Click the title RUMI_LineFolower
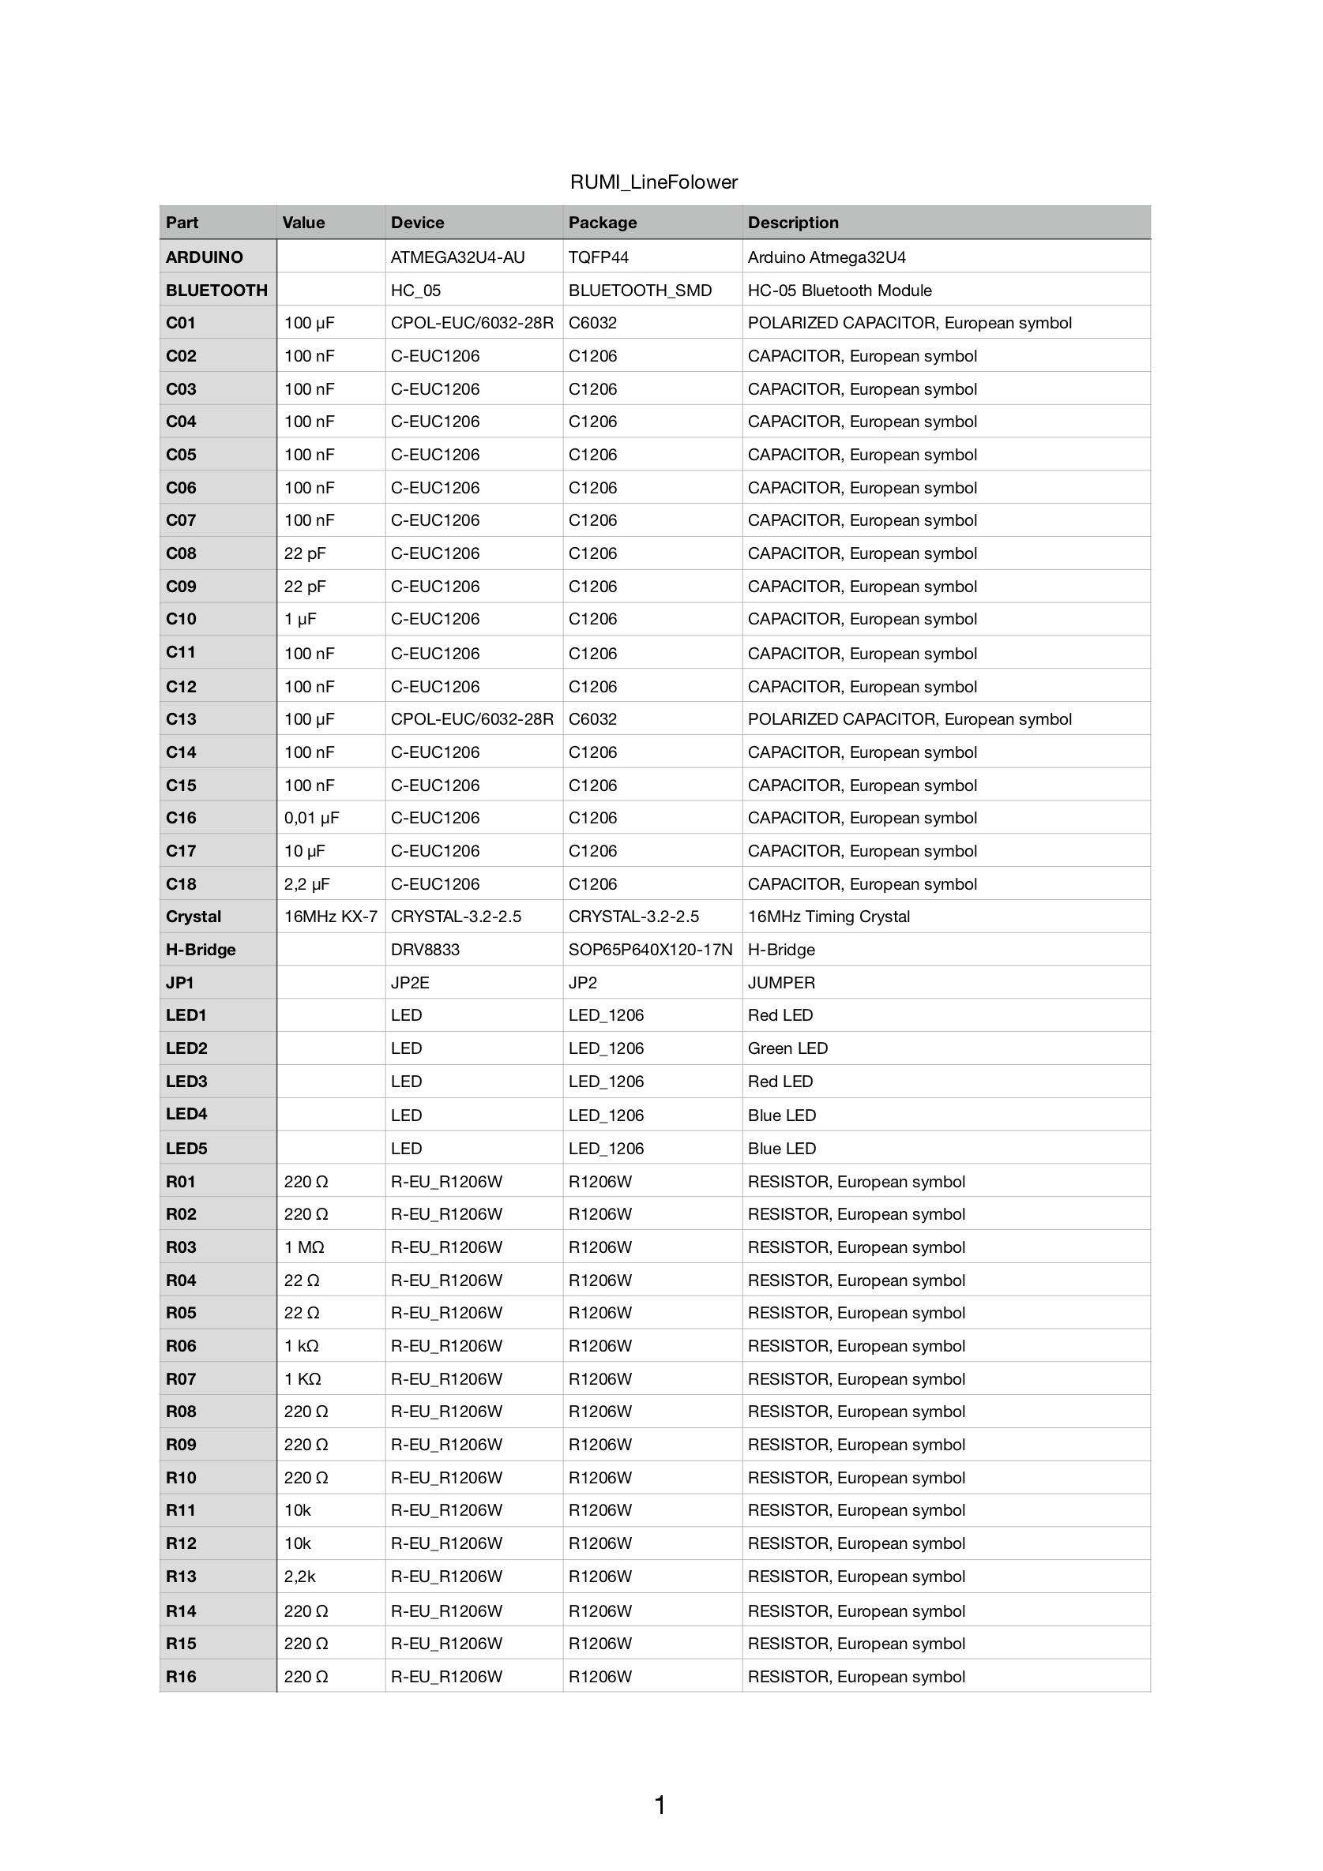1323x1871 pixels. click(653, 182)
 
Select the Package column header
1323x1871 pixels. click(603, 223)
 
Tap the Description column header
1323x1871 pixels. click(792, 223)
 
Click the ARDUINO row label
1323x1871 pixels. click(204, 257)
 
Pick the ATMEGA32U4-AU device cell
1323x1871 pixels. click(457, 257)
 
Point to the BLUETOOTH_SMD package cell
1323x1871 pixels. click(640, 290)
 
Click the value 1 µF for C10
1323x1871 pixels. click(300, 619)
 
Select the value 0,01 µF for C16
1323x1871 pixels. click(311, 818)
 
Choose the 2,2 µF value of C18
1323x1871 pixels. click(306, 884)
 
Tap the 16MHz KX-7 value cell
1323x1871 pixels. click(330, 917)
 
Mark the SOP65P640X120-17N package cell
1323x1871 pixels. click(651, 950)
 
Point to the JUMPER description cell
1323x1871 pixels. click(781, 983)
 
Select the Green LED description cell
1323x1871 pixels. click(787, 1048)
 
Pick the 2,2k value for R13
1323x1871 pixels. click(299, 1577)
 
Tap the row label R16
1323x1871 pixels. click(181, 1677)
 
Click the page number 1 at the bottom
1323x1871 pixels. click(660, 1805)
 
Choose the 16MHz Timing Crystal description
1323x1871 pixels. click(829, 917)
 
